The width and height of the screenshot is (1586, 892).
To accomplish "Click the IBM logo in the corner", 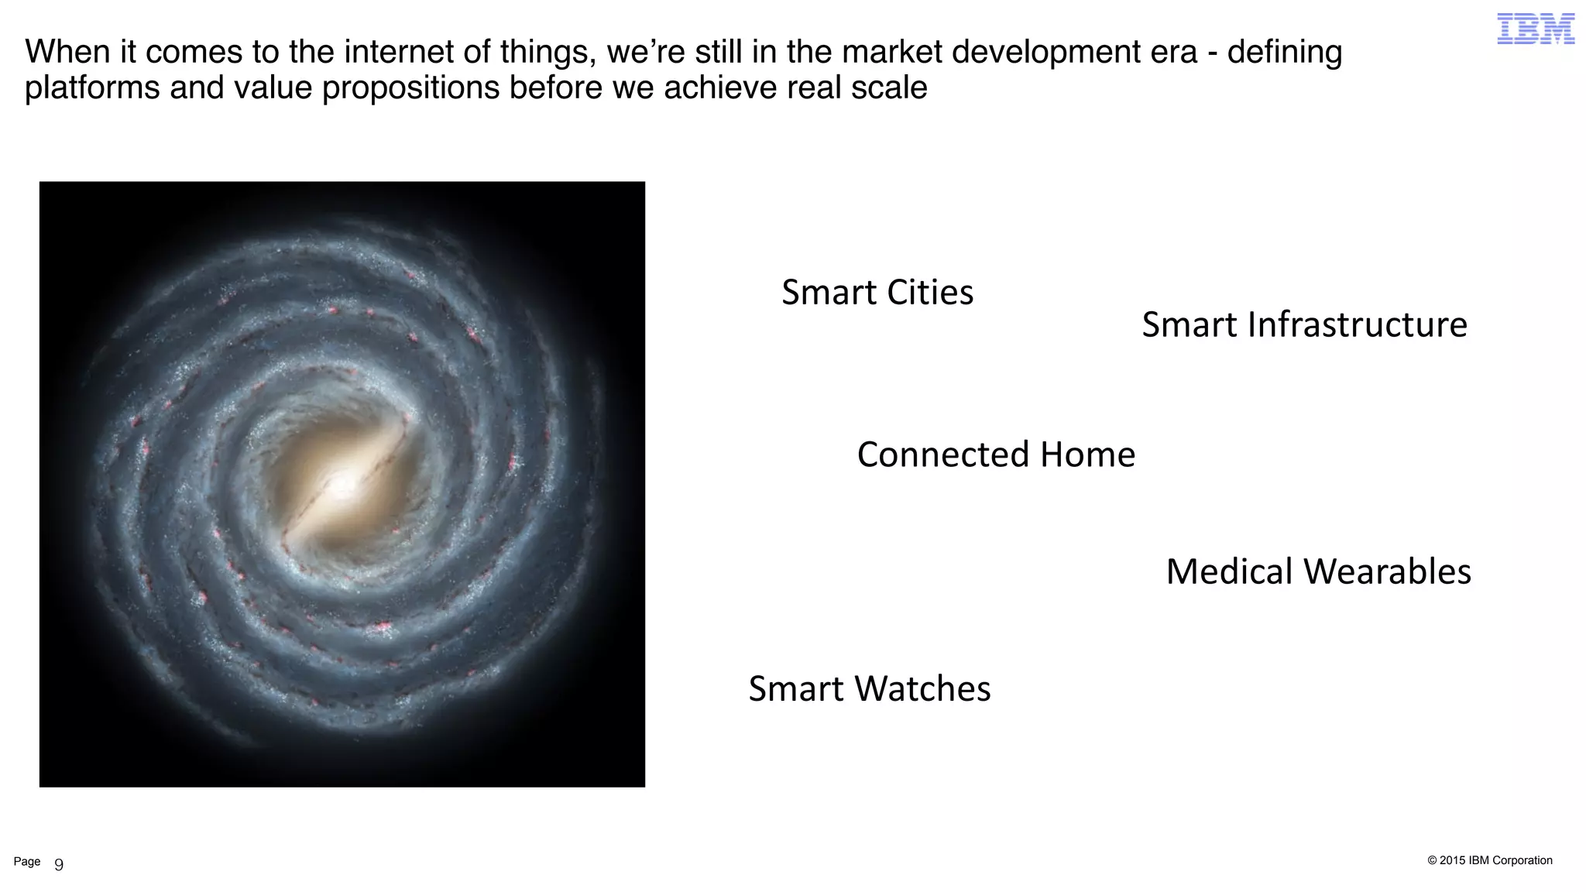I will pos(1536,29).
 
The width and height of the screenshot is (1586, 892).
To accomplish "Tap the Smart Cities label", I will pos(877,293).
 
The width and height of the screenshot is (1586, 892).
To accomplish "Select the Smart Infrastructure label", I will pos(1304,324).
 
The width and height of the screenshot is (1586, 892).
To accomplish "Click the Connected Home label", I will pos(996,455).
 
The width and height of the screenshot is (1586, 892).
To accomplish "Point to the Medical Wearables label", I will pos(1318,572).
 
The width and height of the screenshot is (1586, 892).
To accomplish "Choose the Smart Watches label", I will pos(869,689).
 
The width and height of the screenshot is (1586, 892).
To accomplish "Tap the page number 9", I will pos(59,865).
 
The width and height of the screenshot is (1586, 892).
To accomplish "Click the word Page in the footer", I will pos(27,862).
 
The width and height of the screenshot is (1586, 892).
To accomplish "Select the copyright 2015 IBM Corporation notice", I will pos(1489,860).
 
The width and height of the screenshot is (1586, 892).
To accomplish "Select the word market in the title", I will pos(891,53).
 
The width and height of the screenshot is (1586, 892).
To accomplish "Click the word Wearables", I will pos(1387,572).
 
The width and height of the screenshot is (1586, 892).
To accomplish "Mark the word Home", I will pos(1087,455).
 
